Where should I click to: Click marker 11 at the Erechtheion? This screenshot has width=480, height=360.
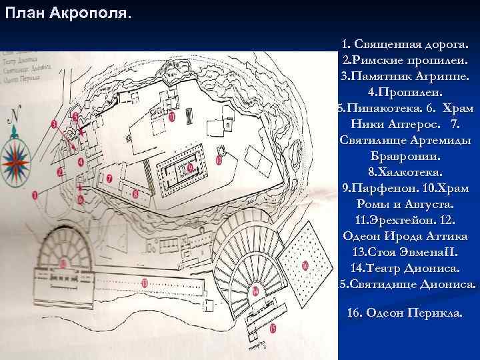[172, 117]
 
